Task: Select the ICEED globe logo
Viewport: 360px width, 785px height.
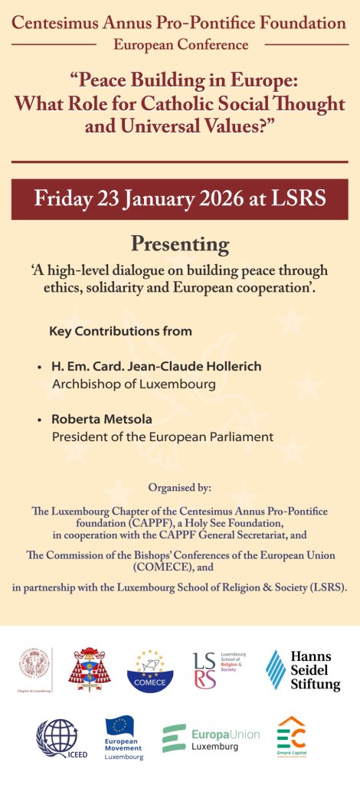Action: coord(57,738)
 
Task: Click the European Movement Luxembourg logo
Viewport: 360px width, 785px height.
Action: coord(124,738)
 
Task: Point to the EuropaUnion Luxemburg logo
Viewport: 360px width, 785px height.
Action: coord(211,738)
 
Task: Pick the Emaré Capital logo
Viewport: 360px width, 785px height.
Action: coord(292,737)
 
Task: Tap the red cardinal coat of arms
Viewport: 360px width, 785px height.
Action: coord(90,669)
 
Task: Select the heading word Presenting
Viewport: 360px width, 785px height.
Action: coord(180,244)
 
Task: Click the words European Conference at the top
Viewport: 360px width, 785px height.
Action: coord(181,45)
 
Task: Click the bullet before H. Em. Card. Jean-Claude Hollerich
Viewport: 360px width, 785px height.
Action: coord(40,368)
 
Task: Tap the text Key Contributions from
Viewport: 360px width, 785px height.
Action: coord(120,332)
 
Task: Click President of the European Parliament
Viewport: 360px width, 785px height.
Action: coord(162,437)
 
